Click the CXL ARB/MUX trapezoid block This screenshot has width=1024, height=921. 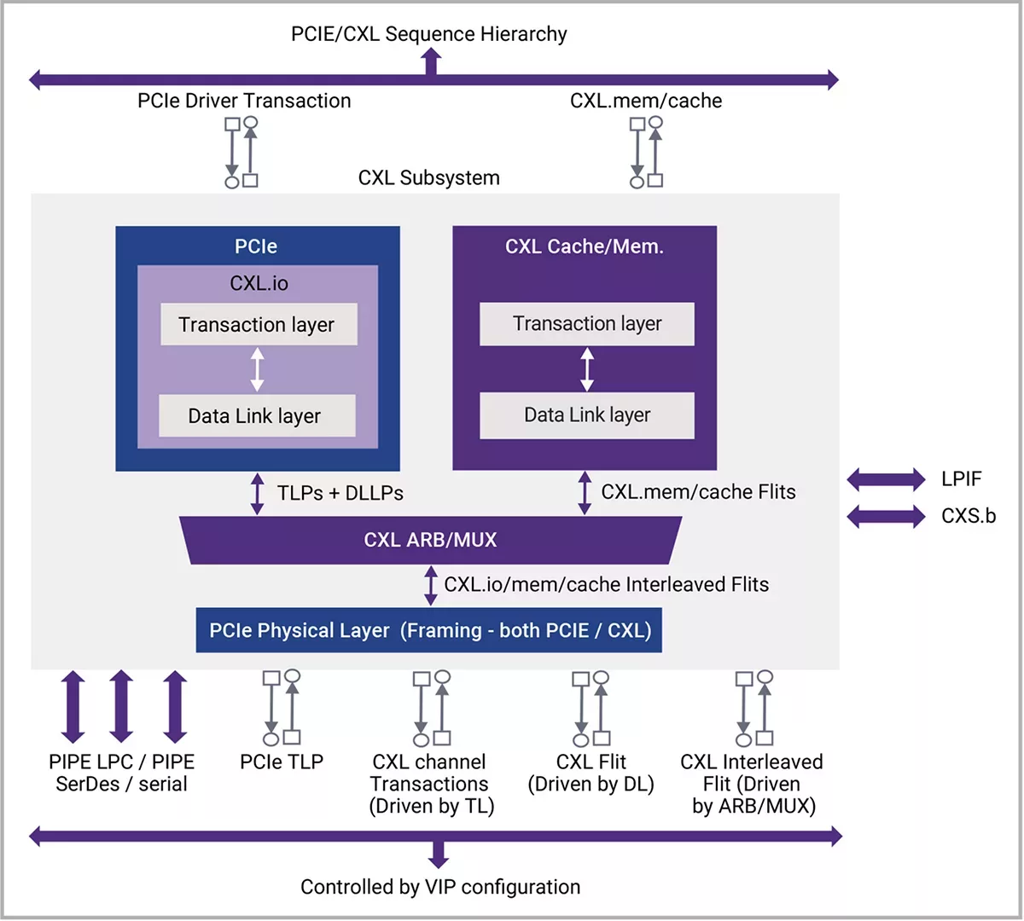[x=431, y=540]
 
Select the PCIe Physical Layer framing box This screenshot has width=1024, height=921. [x=429, y=630]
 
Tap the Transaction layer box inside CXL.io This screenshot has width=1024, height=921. [x=259, y=325]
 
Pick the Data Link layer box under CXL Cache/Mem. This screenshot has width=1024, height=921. [x=587, y=415]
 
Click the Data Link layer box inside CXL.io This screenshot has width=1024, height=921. [x=257, y=416]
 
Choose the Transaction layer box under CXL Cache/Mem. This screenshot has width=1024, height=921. [x=587, y=324]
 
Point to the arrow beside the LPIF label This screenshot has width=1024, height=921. [x=886, y=479]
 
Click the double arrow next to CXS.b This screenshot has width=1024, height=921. [x=886, y=516]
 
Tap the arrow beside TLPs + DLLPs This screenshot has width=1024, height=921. [x=257, y=494]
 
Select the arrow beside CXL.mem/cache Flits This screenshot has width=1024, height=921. [x=585, y=493]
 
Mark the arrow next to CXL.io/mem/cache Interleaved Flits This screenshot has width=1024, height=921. [x=431, y=585]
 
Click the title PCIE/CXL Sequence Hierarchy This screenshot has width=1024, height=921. [x=428, y=34]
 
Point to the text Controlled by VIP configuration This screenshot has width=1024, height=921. [x=440, y=887]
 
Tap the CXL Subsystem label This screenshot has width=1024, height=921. [x=428, y=178]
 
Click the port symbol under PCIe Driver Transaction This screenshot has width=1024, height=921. [x=241, y=152]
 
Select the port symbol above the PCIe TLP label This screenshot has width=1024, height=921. [x=282, y=708]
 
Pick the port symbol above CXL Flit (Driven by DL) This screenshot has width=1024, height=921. [x=591, y=708]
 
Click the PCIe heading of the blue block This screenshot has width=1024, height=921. [x=256, y=246]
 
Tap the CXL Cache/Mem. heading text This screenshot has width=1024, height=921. [x=585, y=246]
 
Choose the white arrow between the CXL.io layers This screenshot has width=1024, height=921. [x=257, y=370]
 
